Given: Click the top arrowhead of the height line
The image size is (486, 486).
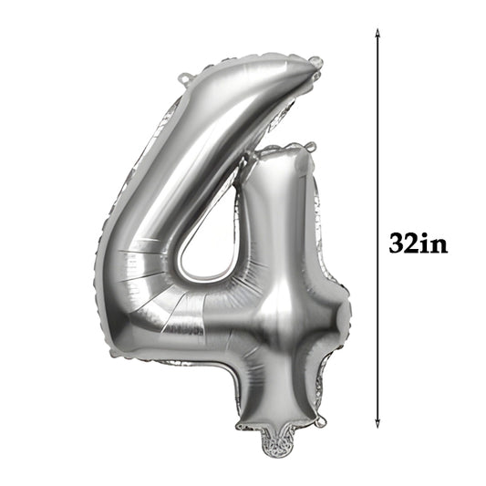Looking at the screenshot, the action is pyautogui.click(x=377, y=32).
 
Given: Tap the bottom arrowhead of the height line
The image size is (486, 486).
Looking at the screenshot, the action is pyautogui.click(x=377, y=424).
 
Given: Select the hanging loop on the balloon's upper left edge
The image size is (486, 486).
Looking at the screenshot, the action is pyautogui.click(x=185, y=78).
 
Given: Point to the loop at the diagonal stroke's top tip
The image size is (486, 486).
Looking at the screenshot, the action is pyautogui.click(x=316, y=61).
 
